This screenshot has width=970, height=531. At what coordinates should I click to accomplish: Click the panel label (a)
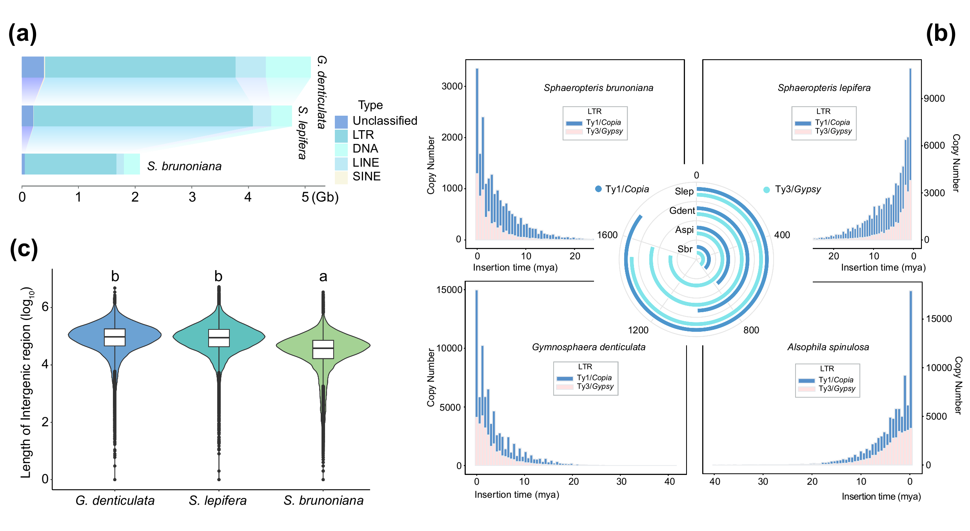click(x=23, y=34)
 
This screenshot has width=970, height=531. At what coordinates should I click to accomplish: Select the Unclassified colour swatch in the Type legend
click(x=341, y=122)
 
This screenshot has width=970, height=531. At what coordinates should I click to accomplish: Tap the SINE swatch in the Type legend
click(x=341, y=177)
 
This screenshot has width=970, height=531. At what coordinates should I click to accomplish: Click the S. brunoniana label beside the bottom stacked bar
click(x=184, y=166)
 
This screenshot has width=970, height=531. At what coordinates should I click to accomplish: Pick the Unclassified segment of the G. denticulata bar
click(x=33, y=67)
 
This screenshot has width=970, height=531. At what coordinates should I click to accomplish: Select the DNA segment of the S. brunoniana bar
click(x=132, y=164)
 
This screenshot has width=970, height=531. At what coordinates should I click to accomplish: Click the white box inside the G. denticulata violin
click(x=115, y=337)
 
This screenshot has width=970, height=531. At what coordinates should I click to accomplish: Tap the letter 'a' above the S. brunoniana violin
click(x=323, y=277)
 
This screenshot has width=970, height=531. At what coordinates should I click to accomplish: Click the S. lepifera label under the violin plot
click(x=218, y=500)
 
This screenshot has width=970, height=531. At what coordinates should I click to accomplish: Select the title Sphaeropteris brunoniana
click(x=598, y=88)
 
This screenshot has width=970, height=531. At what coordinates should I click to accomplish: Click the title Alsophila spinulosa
click(x=828, y=347)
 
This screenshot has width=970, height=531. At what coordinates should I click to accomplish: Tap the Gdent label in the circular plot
click(x=682, y=211)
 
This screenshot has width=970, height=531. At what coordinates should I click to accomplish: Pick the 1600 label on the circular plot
click(x=607, y=235)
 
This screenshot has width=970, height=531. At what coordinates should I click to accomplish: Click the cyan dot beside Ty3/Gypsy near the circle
click(x=767, y=190)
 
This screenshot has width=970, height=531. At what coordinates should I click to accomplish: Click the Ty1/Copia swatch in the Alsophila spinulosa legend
click(x=807, y=380)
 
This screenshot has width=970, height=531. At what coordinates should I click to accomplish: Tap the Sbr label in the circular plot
click(x=685, y=249)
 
